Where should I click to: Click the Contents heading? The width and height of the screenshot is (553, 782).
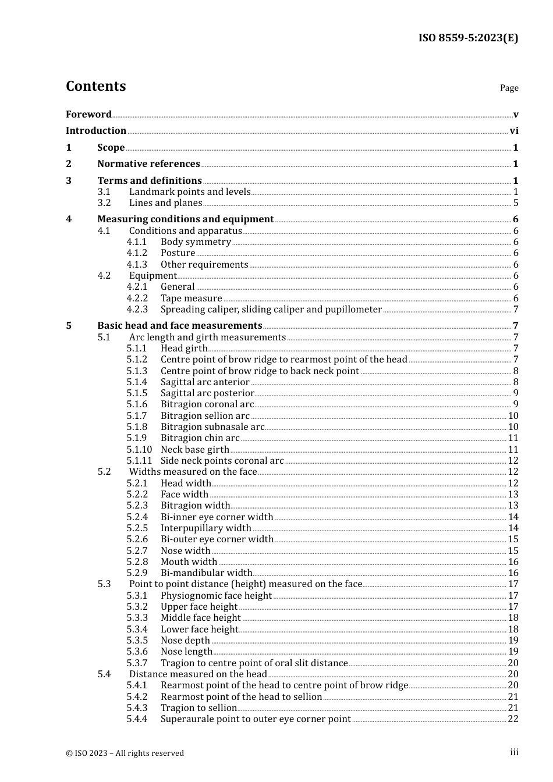tap(95, 86)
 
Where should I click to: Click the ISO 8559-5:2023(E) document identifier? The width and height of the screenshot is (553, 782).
tap(468, 38)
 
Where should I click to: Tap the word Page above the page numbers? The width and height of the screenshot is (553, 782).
tap(509, 88)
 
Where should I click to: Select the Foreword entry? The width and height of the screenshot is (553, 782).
tap(88, 114)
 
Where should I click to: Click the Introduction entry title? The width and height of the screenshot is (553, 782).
tap(96, 130)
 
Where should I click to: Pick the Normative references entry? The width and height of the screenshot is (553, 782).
tap(148, 163)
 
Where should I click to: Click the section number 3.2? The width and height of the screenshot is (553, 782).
tap(104, 202)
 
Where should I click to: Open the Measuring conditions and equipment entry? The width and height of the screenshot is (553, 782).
tap(185, 219)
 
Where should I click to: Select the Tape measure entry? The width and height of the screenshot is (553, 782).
tap(191, 298)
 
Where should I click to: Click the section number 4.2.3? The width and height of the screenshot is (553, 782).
tap(137, 309)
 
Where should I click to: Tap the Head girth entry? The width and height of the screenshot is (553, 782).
tap(184, 348)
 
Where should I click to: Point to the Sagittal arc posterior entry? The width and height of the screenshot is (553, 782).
tap(207, 393)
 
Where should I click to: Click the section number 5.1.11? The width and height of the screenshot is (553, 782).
tap(139, 460)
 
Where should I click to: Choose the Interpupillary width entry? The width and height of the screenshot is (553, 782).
tap(206, 528)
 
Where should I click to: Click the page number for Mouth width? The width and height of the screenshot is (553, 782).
tap(513, 561)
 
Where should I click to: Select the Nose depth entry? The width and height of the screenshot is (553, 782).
tap(185, 640)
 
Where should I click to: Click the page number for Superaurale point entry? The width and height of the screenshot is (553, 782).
tap(513, 719)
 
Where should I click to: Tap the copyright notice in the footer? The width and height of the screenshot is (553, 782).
tap(125, 753)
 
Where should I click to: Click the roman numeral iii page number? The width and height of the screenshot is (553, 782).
tap(514, 752)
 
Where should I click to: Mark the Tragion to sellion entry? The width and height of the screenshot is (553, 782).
tap(198, 708)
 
